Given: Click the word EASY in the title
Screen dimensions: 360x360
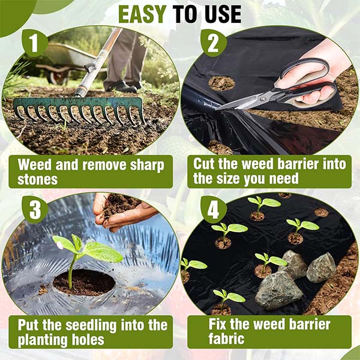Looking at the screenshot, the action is pos(142,14).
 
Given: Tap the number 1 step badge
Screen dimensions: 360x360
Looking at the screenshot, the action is pos(35,43).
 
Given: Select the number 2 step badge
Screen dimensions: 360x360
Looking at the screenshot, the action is pos(213,43).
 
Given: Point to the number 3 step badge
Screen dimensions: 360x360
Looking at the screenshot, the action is pos(35,209).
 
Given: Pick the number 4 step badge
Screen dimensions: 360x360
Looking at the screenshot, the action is pos(213,209).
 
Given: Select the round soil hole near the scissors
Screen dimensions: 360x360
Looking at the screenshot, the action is pos(221,83).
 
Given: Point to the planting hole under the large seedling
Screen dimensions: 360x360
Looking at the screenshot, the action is pos(84,283).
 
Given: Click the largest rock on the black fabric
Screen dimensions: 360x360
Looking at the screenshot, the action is pos(278,290).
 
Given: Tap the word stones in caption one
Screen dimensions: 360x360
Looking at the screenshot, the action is pos(37,179).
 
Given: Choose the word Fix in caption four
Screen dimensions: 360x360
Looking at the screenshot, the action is pos(217,324).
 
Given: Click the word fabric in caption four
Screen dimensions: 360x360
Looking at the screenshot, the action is pos(226,338).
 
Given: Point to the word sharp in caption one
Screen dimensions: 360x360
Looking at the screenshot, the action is pos(147,166).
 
